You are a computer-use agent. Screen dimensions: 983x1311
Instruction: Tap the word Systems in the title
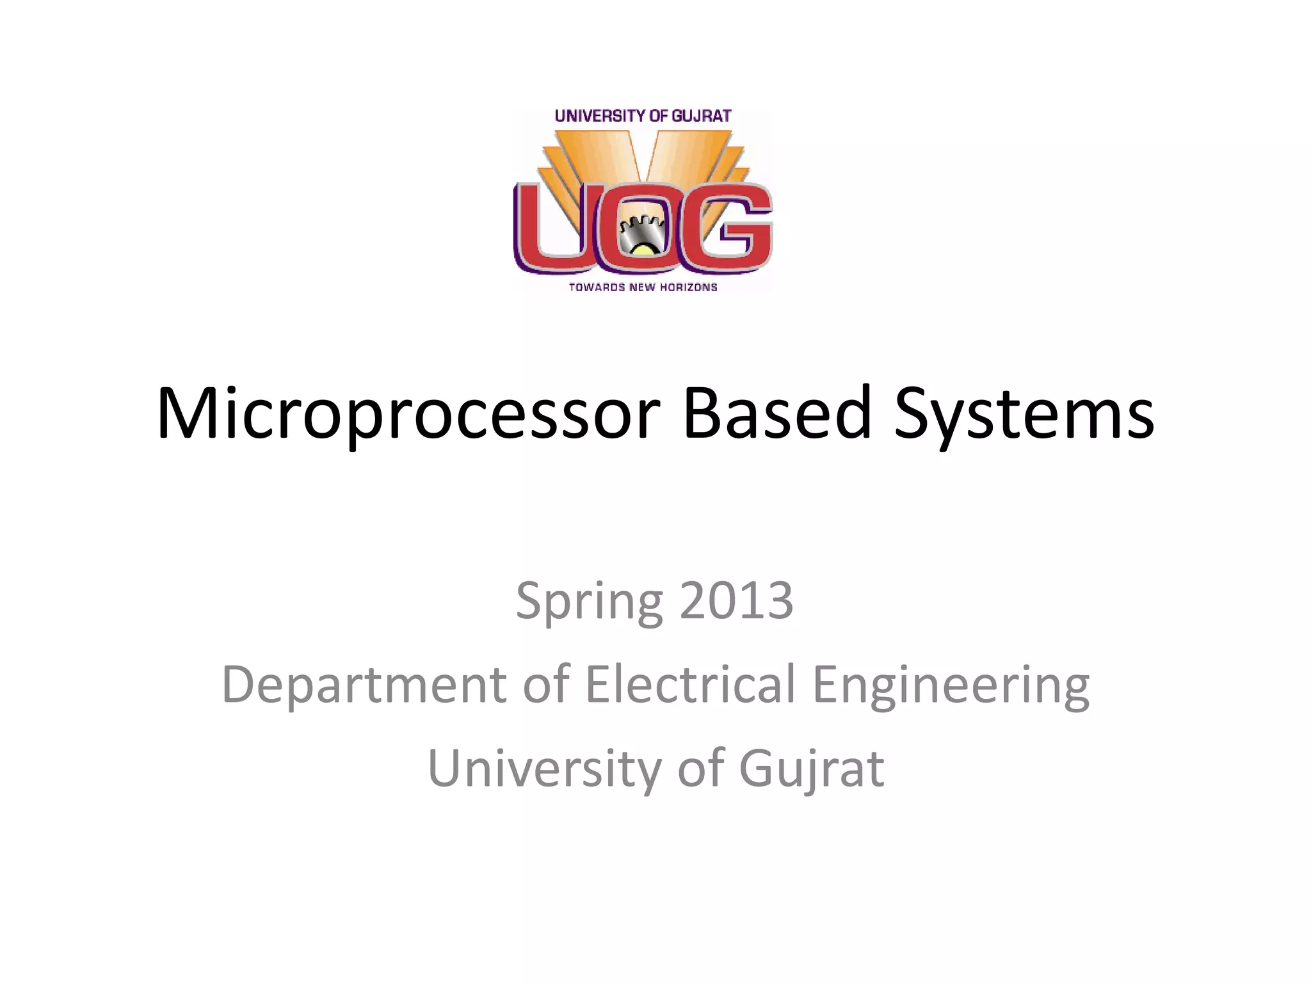pyautogui.click(x=1024, y=414)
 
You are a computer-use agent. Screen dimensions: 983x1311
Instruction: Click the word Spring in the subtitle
pyautogui.click(x=589, y=602)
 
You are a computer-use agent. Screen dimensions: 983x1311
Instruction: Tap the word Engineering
pyautogui.click(x=951, y=685)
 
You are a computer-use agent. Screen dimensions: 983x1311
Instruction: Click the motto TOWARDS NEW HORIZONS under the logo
pyautogui.click(x=643, y=287)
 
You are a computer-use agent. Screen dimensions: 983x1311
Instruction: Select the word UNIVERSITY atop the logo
pyautogui.click(x=600, y=116)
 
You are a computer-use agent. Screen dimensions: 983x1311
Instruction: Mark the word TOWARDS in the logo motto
pyautogui.click(x=597, y=287)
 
